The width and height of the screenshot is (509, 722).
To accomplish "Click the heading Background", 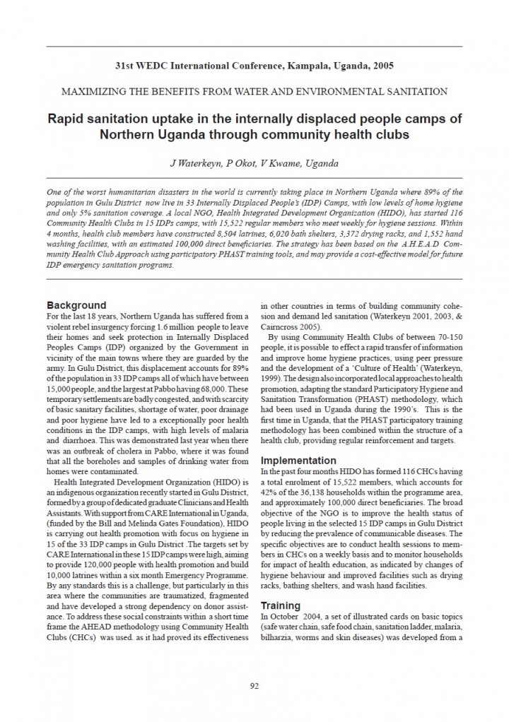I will point(76,306).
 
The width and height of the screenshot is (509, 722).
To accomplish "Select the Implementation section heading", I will point(298,459).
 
